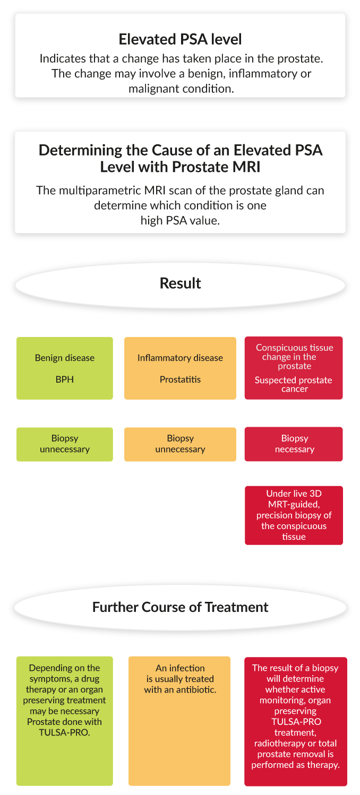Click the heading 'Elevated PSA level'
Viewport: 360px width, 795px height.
[x=180, y=39]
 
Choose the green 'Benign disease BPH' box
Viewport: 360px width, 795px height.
[x=65, y=368]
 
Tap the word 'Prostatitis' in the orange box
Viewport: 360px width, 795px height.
[x=180, y=379]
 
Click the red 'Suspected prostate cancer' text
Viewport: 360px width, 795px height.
[x=294, y=384]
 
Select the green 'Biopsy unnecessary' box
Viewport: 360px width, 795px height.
[x=65, y=444]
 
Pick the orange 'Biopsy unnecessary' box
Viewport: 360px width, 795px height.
[x=180, y=444]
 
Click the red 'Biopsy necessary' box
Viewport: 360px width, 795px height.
[x=294, y=444]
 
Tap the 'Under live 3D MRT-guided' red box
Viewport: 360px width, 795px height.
[x=294, y=515]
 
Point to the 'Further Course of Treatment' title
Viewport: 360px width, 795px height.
[x=180, y=607]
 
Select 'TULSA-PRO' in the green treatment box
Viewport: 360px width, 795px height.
[x=64, y=732]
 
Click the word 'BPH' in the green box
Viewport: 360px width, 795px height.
[x=65, y=379]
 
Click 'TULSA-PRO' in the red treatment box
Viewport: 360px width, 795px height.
[x=296, y=722]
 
